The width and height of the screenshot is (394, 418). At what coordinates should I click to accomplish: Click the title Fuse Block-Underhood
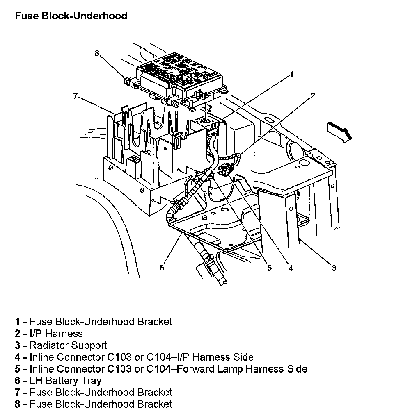(x=71, y=16)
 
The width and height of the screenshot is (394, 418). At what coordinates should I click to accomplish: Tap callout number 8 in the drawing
(x=97, y=53)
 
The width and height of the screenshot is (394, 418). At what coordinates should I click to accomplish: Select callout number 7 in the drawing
(x=75, y=96)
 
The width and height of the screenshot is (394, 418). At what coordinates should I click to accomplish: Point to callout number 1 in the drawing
(x=291, y=75)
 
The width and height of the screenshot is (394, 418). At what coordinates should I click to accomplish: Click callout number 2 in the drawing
(x=312, y=96)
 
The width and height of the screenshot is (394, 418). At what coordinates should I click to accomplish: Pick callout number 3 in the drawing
(x=334, y=268)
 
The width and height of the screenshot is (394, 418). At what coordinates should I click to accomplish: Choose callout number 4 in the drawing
(x=291, y=268)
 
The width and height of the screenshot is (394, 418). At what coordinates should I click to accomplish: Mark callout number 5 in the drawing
(x=269, y=268)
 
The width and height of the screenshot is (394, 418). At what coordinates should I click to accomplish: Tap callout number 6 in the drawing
(x=162, y=268)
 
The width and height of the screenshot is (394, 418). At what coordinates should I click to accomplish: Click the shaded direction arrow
(x=339, y=131)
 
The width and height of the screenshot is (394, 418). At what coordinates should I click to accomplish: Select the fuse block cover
(x=181, y=76)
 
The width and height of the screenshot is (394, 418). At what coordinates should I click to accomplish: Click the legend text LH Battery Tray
(x=65, y=381)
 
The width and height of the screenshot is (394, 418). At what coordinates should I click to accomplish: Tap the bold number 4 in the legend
(x=18, y=357)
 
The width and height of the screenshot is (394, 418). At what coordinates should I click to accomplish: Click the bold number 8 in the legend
(x=18, y=404)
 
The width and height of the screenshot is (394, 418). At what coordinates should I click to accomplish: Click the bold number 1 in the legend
(x=18, y=322)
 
